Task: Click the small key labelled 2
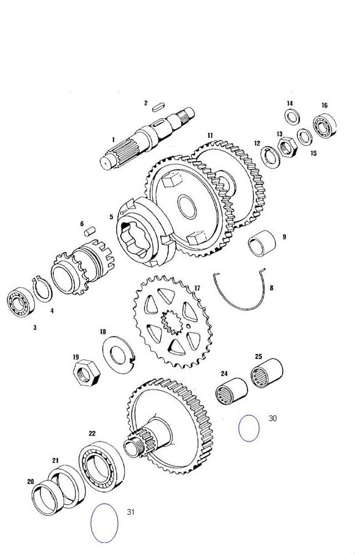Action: point(159,107)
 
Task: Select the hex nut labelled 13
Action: point(287,147)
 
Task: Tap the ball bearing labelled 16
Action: point(325,126)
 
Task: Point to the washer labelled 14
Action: point(292,117)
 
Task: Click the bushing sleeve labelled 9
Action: point(262,243)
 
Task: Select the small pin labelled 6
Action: point(90,232)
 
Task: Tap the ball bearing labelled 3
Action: point(21,302)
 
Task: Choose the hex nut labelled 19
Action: point(86,373)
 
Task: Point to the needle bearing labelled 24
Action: point(232,391)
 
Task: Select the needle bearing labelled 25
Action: point(267,373)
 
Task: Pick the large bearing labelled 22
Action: point(101,466)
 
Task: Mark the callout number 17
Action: point(197,288)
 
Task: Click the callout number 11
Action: point(210,135)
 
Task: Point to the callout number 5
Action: point(111,217)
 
